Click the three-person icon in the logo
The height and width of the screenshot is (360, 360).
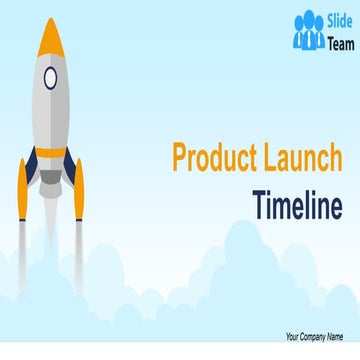[308, 33]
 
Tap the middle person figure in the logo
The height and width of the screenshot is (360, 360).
[308, 30]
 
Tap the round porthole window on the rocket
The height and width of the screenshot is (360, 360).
[51, 79]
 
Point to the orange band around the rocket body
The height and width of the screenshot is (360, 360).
[50, 152]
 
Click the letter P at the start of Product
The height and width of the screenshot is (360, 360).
[181, 159]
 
